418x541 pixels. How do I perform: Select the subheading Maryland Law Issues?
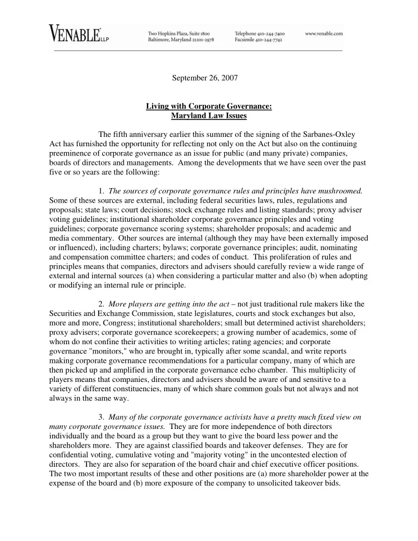pyautogui.click(x=209, y=116)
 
